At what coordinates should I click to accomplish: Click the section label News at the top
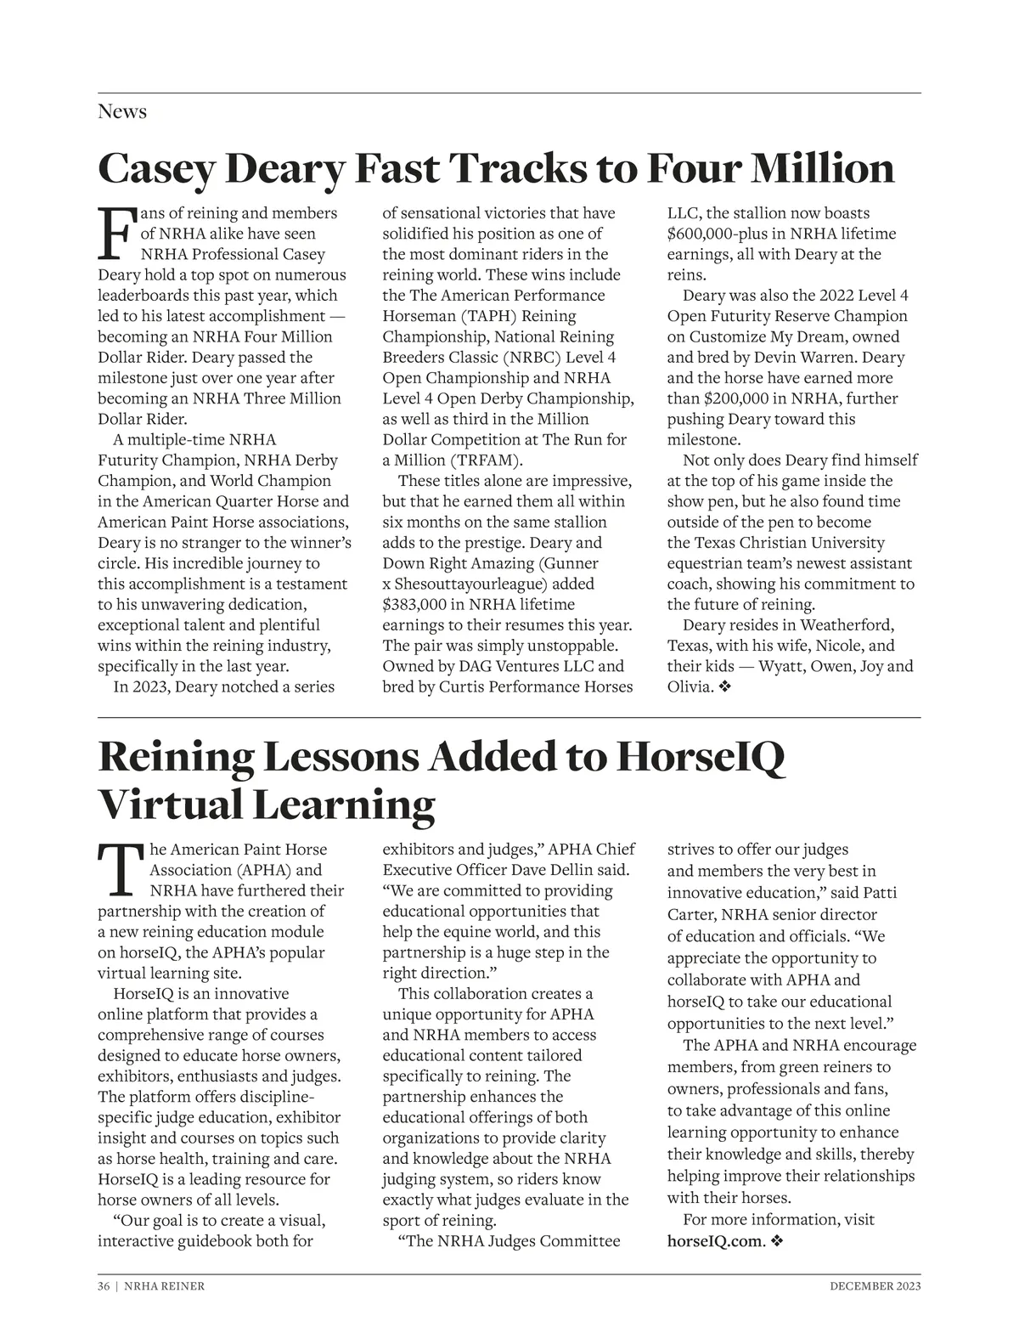pyautogui.click(x=122, y=112)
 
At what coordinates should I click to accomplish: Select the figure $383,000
pyautogui.click(x=420, y=605)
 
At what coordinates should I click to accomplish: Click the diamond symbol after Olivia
pyautogui.click(x=724, y=687)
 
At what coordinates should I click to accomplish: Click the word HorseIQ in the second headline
pyautogui.click(x=701, y=757)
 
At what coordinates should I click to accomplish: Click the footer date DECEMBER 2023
pyautogui.click(x=875, y=1286)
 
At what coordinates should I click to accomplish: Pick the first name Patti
pyautogui.click(x=881, y=893)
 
